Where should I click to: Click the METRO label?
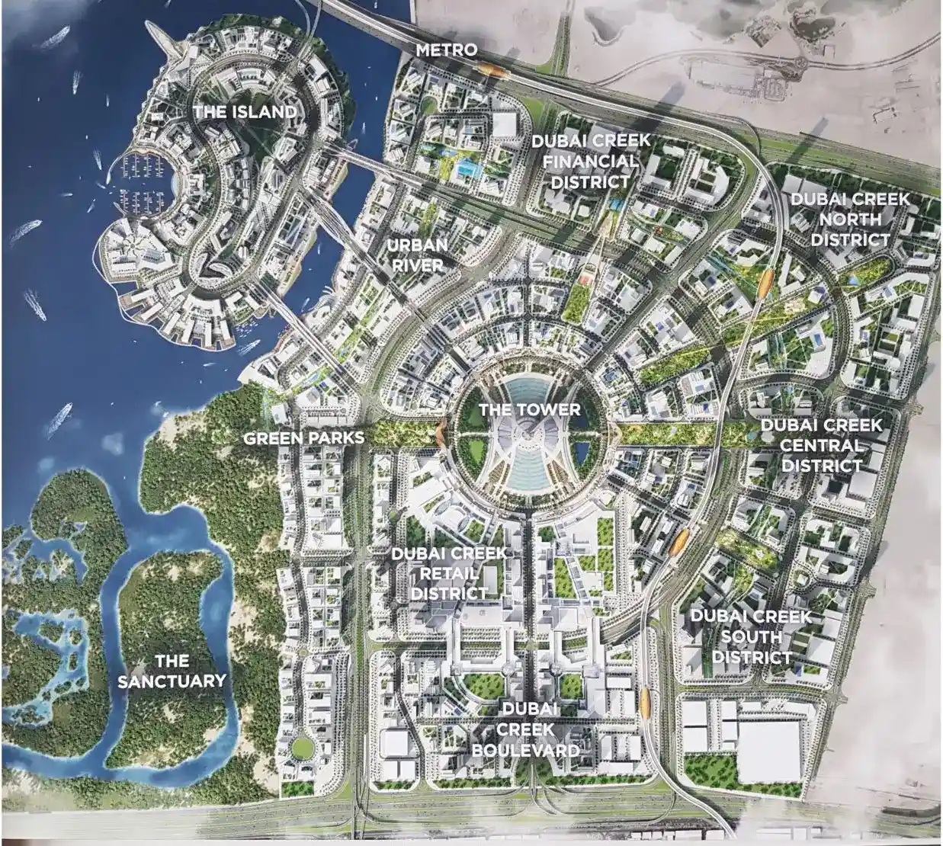[x=447, y=50]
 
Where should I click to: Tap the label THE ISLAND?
[x=245, y=112]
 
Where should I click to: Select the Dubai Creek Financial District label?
[x=591, y=161]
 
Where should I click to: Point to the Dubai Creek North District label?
[x=849, y=220]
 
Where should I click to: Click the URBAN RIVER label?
[x=416, y=255]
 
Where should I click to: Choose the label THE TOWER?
[x=529, y=410]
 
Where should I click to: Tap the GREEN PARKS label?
[x=303, y=438]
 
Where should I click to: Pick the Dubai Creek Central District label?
[x=821, y=445]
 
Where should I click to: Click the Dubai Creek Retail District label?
[x=448, y=573]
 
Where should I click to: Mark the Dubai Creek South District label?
[x=751, y=636]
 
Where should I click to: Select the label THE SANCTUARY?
[x=172, y=671]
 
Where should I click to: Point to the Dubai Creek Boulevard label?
[x=526, y=729]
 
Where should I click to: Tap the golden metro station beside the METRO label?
[x=494, y=71]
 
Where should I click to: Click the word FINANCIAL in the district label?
[x=591, y=161]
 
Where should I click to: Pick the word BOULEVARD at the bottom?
[x=526, y=750]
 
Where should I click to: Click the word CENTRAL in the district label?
[x=821, y=445]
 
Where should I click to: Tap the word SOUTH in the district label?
[x=751, y=636]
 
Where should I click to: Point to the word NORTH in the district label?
[x=849, y=220]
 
